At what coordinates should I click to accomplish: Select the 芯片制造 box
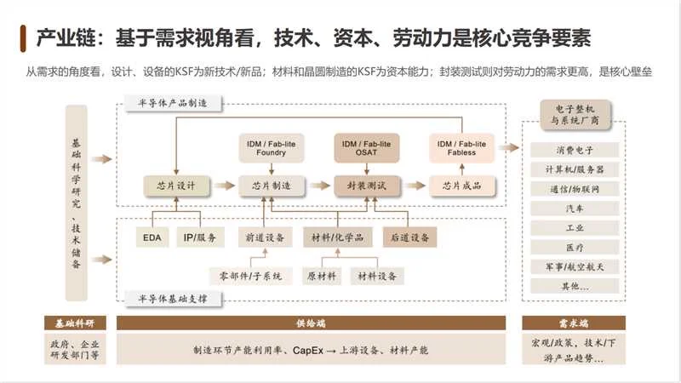(x=271, y=186)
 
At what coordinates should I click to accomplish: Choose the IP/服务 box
(x=199, y=237)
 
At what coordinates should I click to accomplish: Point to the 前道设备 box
(x=264, y=237)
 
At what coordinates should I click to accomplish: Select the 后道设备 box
(x=409, y=237)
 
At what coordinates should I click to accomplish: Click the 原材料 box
(x=321, y=276)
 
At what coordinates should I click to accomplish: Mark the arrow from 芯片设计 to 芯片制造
(x=223, y=186)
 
